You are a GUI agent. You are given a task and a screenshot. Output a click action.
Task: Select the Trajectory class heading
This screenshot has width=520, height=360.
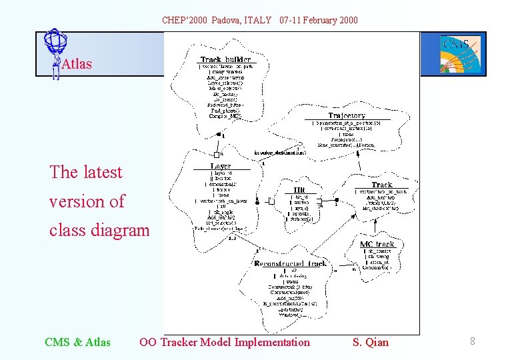point(347,115)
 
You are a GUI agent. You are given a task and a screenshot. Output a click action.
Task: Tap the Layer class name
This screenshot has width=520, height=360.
point(221,166)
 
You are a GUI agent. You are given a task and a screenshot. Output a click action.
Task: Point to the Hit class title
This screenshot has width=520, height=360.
point(299,189)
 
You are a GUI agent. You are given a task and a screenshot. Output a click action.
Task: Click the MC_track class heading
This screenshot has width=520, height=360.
point(377,244)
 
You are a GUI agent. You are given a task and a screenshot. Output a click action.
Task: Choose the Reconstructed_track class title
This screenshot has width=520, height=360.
point(291,264)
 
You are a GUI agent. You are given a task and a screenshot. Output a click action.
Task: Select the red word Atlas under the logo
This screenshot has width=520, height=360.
point(76,65)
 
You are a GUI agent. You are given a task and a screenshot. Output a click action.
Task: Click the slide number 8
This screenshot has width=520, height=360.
point(472,342)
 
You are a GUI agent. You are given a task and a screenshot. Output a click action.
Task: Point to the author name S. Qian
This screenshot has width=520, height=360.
point(370,343)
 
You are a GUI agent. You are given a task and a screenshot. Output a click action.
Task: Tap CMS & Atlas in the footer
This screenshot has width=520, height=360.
point(77,343)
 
